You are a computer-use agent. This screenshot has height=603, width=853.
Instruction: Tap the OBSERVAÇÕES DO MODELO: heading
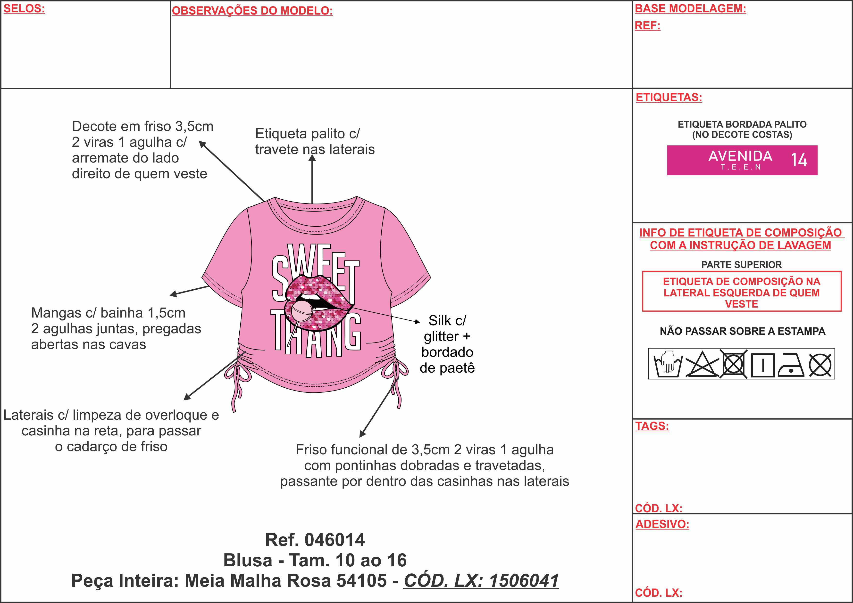(x=252, y=11)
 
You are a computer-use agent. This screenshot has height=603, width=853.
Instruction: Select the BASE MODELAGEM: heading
(x=690, y=8)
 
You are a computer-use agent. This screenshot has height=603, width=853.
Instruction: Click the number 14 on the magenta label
(x=799, y=160)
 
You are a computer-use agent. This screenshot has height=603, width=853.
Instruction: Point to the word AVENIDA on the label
(x=740, y=156)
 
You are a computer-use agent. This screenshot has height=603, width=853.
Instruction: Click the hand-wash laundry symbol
(x=668, y=364)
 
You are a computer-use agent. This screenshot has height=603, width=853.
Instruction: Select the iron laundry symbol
(x=791, y=365)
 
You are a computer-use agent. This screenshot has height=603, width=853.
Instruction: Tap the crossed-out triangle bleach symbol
(x=702, y=364)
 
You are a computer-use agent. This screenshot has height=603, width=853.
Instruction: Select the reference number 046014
(x=334, y=540)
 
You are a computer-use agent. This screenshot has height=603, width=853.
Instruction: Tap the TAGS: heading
(x=652, y=426)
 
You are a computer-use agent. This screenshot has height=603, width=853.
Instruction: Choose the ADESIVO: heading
(x=662, y=524)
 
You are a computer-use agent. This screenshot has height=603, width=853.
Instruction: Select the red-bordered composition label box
(x=742, y=292)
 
